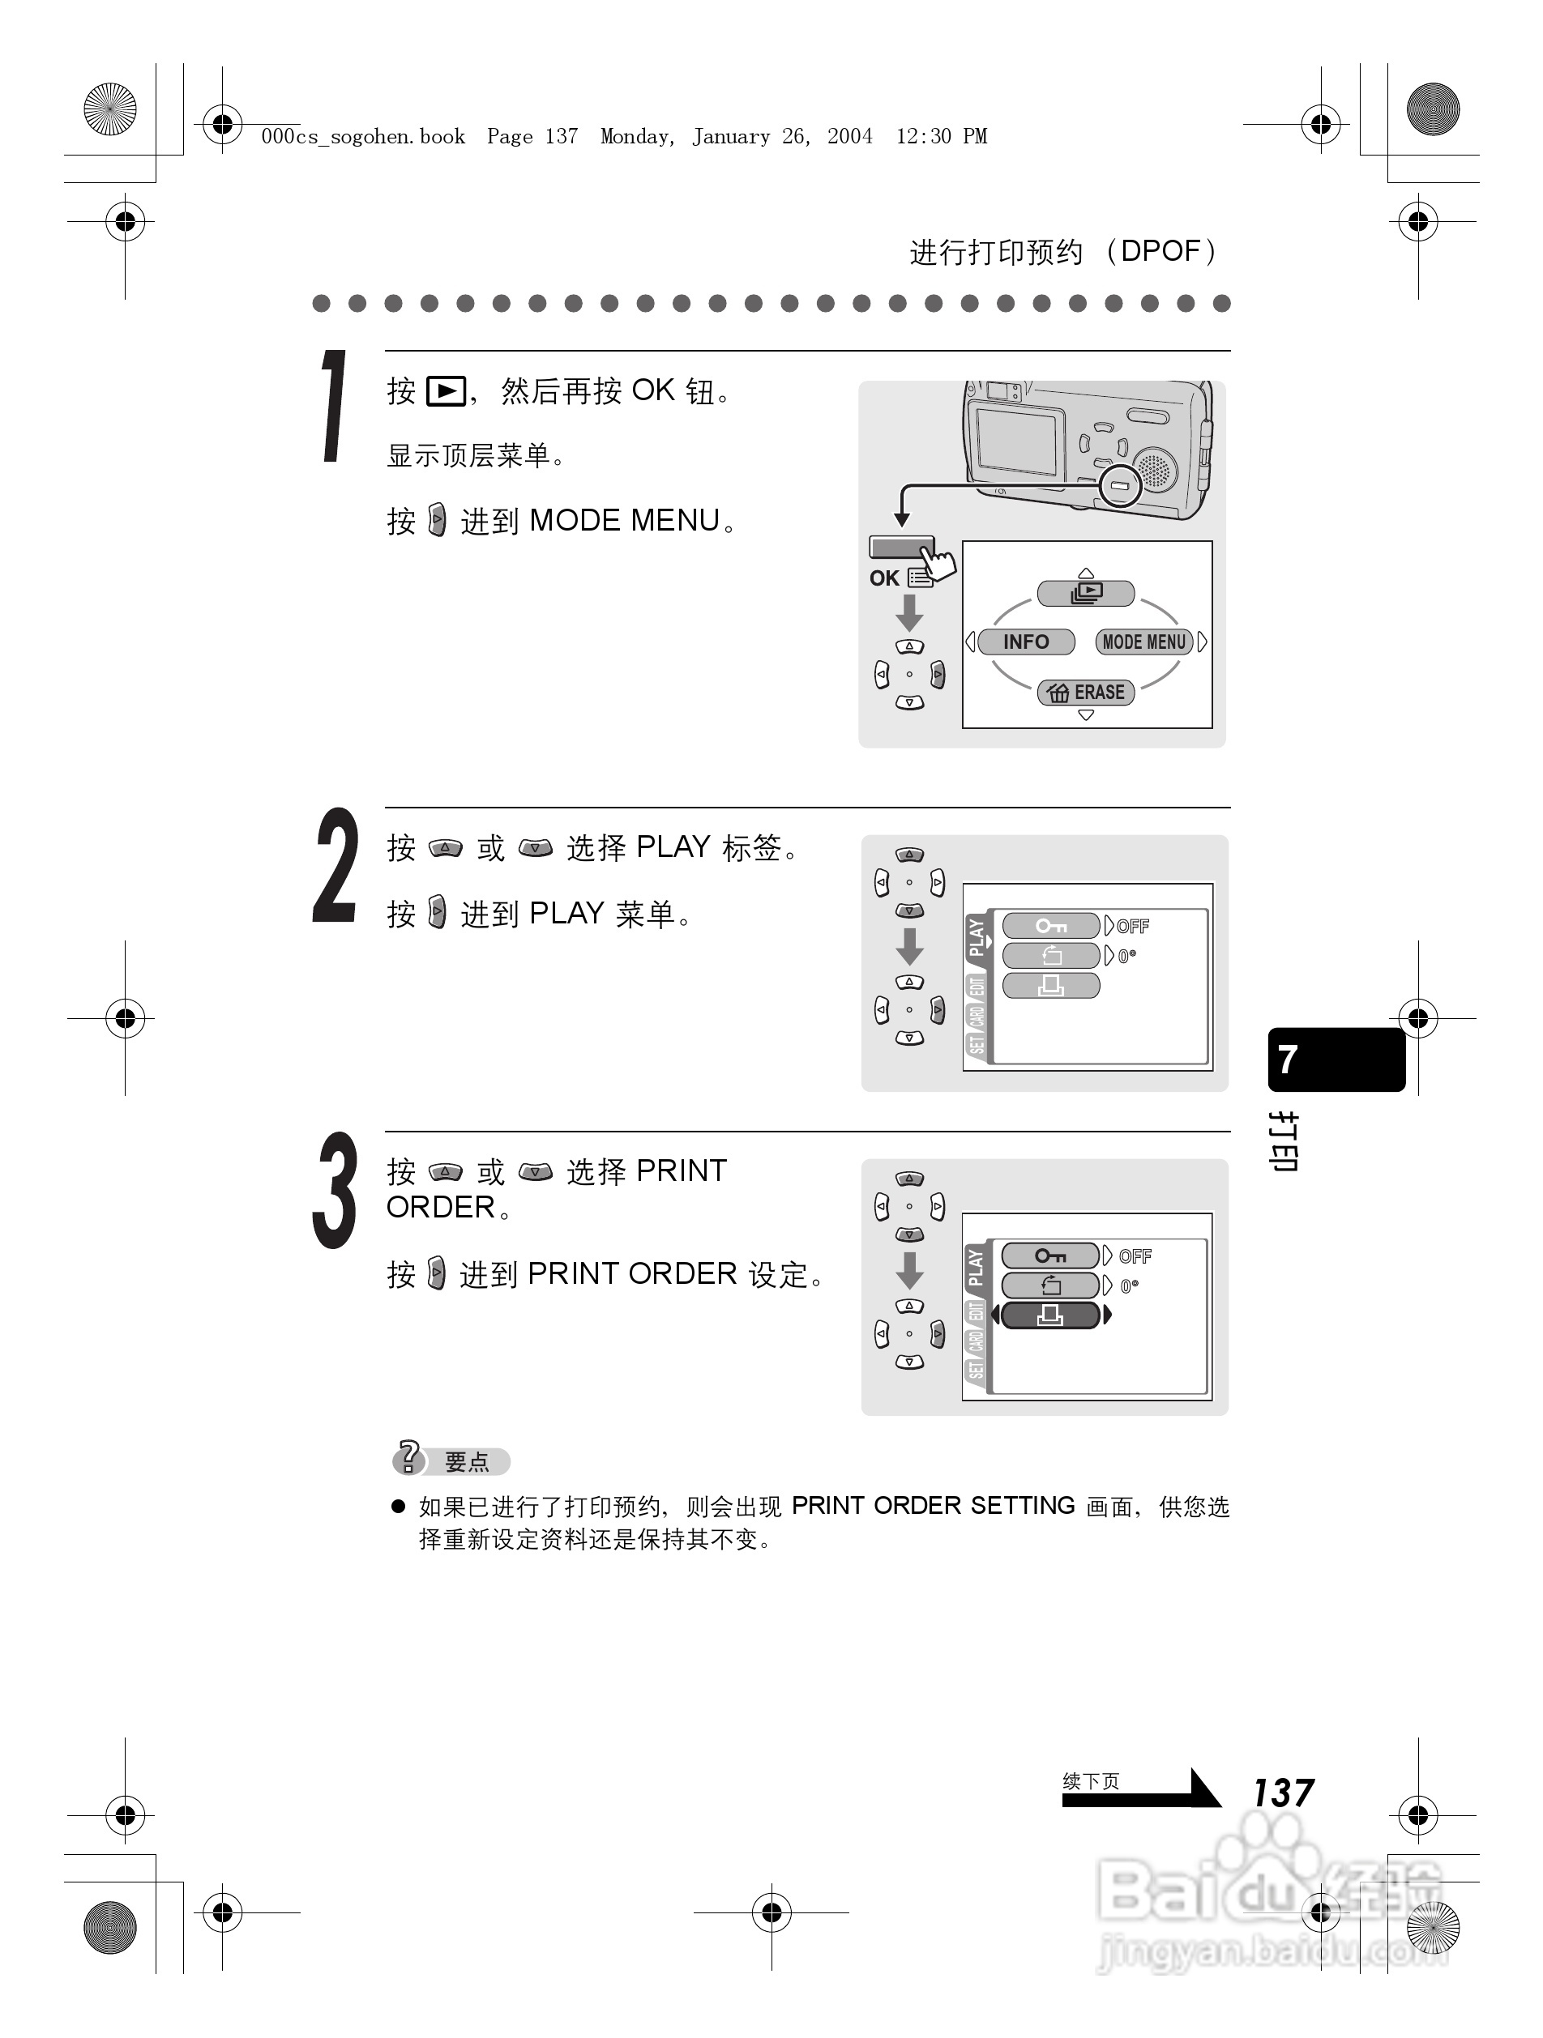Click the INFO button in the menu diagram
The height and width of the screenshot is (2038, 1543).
(1025, 642)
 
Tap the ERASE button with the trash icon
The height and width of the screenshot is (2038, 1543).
(1086, 692)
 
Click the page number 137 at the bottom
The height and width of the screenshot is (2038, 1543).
(1283, 1792)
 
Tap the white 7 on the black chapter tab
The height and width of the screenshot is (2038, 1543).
(1288, 1059)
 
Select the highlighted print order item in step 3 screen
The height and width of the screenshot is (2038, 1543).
(1049, 1315)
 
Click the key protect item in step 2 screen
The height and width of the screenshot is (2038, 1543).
(1049, 925)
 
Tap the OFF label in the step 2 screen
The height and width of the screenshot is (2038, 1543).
(1133, 926)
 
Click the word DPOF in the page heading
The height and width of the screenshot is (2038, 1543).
(1160, 250)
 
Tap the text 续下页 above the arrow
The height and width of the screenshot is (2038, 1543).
(1091, 1781)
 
